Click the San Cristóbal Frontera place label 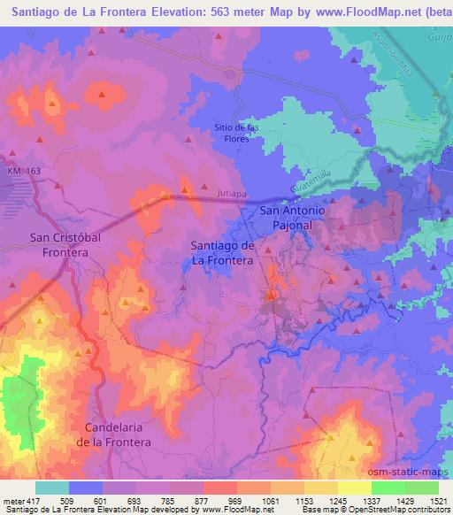[x=59, y=244]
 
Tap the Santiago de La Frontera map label [x=223, y=253]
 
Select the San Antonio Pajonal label [x=293, y=219]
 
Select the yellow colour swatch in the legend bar [x=354, y=488]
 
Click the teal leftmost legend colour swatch [x=52, y=488]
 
